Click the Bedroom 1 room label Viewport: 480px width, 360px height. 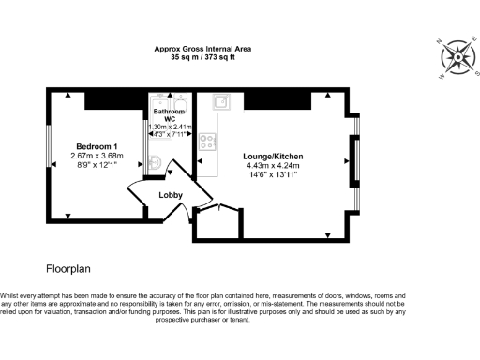click(97, 147)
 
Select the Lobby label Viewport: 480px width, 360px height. click(171, 195)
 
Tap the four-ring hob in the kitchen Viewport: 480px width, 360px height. click(207, 143)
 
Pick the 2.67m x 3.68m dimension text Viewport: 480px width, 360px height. click(97, 157)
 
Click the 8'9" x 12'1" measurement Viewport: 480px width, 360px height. click(97, 167)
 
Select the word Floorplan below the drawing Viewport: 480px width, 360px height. click(67, 267)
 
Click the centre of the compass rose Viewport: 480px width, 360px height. click(458, 56)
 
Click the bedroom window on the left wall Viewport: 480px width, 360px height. click(49, 151)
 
